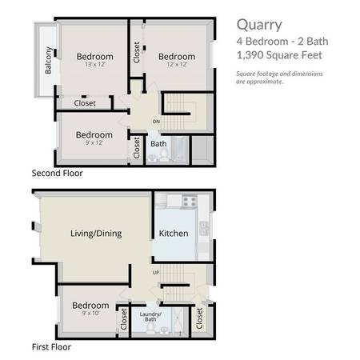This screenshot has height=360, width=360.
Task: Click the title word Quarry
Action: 259,26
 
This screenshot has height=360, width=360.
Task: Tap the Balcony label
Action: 48,60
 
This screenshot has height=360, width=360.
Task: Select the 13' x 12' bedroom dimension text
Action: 95,64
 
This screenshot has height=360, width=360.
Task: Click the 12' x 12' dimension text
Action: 177,64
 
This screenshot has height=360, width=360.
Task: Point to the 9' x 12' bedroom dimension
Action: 94,142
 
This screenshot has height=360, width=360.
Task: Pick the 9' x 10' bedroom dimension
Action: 90,313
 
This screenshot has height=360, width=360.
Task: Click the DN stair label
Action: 156,122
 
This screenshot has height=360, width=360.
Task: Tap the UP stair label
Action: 156,273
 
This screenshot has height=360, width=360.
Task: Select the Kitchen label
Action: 174,234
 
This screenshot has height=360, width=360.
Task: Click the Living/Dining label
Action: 96,234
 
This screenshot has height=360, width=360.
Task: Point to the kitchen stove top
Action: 190,201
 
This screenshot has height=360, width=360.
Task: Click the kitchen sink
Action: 204,229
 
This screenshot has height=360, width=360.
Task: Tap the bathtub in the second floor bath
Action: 181,149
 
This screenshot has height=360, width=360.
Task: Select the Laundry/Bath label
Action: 150,317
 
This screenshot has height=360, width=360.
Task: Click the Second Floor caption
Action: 58,173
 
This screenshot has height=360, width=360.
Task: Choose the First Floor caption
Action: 51,347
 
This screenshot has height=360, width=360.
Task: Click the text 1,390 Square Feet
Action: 279,55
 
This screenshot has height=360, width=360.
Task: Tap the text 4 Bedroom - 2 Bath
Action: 282,42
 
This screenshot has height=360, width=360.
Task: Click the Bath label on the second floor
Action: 158,144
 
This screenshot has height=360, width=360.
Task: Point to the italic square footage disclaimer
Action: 279,78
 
